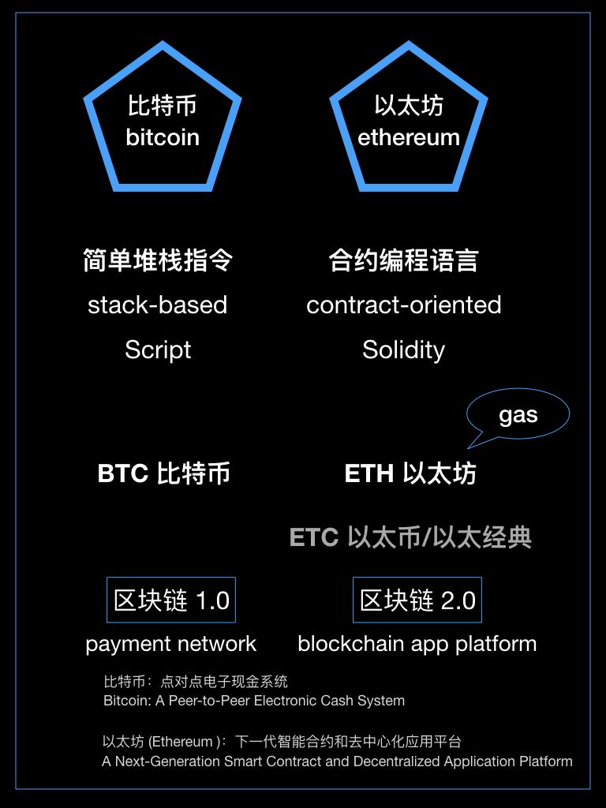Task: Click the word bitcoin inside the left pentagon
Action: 163,137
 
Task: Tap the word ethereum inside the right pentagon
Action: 409,137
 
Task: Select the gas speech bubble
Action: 518,415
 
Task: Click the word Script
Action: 158,350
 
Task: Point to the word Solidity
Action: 403,350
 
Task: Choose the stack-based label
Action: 157,305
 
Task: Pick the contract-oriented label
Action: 403,305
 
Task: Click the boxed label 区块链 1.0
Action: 171,600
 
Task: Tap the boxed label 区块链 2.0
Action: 417,600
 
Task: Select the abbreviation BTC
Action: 122,473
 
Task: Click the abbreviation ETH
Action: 369,473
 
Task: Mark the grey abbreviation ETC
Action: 314,537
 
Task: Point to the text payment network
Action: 170,644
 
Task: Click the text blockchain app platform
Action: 417,644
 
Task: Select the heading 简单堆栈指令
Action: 158,260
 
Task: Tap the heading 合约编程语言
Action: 403,260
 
